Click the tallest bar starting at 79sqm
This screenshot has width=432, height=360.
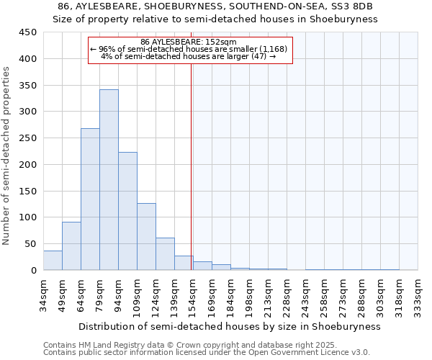coord(109,180)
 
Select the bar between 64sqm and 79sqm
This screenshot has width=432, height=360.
coord(90,199)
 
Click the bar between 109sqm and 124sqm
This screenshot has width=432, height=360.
coord(146,237)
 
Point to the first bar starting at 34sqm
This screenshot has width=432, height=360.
coord(53,261)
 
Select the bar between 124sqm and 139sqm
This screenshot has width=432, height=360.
coord(165,254)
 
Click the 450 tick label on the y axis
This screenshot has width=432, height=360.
coord(27,32)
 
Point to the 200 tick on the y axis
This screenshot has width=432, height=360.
coord(27,165)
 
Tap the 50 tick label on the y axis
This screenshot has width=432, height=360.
coord(30,244)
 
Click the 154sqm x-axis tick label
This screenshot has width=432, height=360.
coord(194,294)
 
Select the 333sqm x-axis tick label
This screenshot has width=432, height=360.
coord(418,294)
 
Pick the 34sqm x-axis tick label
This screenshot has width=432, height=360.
coord(44,294)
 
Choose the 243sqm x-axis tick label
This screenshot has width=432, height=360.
coord(306,294)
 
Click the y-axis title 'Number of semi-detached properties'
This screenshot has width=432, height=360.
coord(7,156)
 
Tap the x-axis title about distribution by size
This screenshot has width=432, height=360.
coord(229,326)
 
